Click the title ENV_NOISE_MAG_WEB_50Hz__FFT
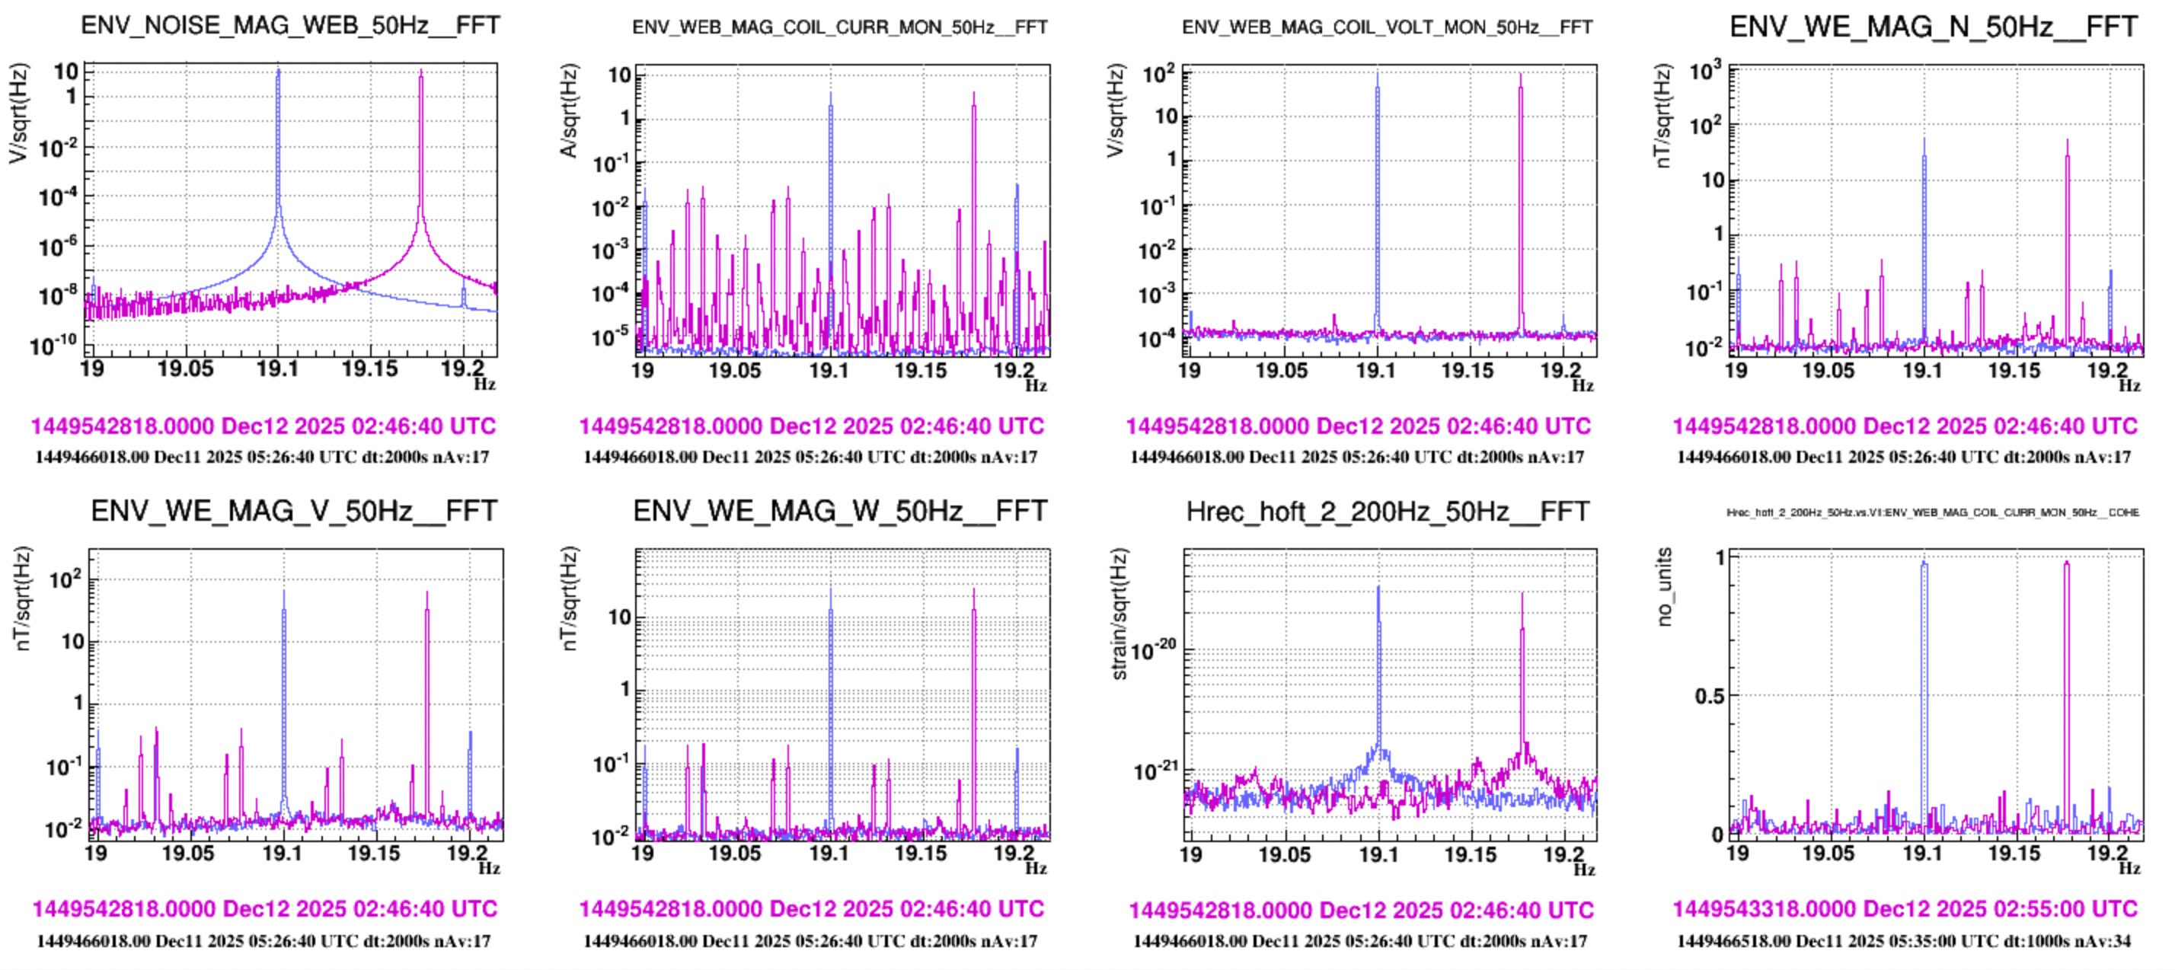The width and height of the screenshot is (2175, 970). pos(289,25)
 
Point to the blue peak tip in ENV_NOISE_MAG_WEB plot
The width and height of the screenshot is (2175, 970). pos(279,71)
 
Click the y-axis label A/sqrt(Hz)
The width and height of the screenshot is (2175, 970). pos(570,110)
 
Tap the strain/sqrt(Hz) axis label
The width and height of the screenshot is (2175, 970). pos(1119,614)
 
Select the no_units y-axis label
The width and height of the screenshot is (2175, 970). pos(1664,586)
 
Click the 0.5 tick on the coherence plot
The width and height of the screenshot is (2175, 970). pos(1710,697)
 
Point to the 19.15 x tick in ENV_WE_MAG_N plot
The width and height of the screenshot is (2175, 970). pos(2014,371)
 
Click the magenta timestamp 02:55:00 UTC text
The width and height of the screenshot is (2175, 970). pos(1905,908)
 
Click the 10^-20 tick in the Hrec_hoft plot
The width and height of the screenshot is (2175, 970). pos(1152,650)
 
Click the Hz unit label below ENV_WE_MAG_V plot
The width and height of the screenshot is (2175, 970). pos(489,868)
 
